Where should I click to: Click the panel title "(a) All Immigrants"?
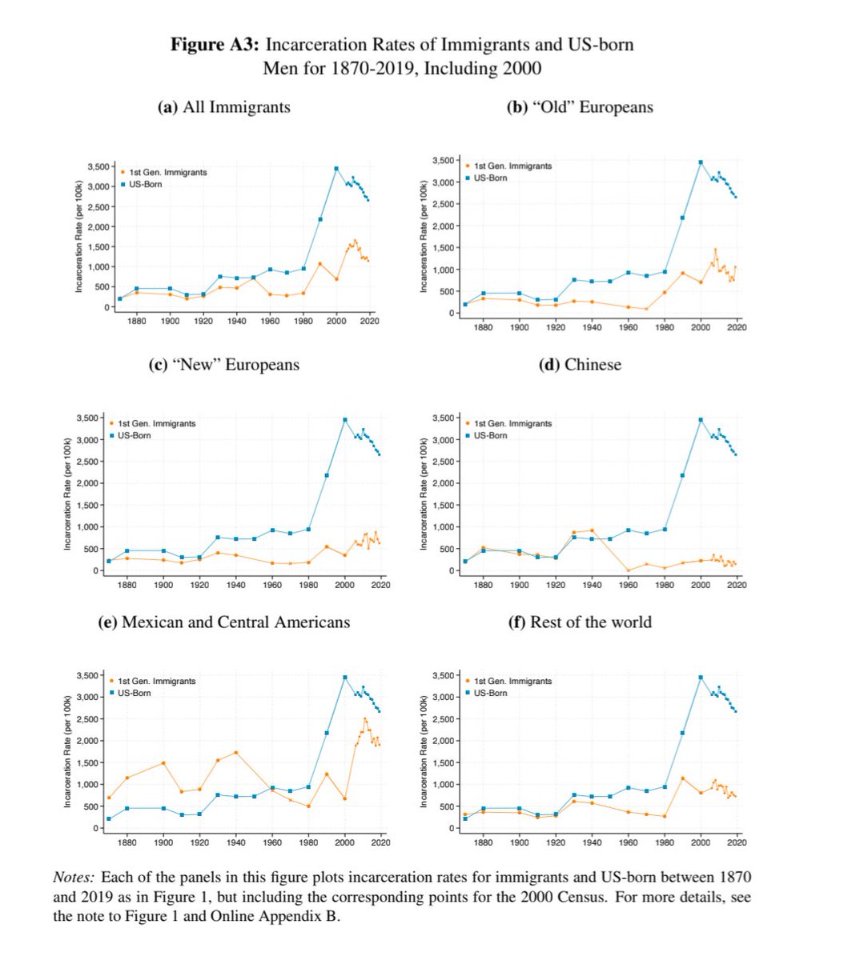(224, 107)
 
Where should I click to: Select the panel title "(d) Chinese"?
(581, 365)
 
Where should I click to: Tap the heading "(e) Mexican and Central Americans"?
(223, 622)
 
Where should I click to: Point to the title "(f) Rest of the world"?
(580, 622)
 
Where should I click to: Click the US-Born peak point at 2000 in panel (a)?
(336, 168)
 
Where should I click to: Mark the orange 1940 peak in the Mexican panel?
(235, 753)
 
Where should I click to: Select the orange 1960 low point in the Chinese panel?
(629, 570)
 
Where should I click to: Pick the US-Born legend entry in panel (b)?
(490, 178)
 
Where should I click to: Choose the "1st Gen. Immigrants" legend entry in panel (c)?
(156, 423)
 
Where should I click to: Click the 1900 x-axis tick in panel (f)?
(520, 842)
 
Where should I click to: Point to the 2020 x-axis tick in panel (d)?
(737, 585)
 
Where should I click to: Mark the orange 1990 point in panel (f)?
(683, 778)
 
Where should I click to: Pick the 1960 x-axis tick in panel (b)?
(629, 327)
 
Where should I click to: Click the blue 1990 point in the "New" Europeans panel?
(327, 475)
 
